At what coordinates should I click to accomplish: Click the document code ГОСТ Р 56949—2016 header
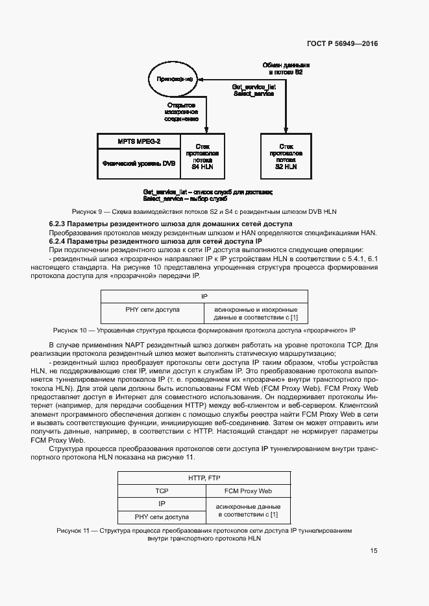coord(341,44)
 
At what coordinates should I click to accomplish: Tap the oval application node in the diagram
coord(171,79)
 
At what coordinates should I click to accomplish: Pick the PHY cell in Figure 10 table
coord(153,310)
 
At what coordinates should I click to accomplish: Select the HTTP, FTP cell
coord(204,478)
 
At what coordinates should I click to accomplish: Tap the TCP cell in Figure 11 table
coord(161,491)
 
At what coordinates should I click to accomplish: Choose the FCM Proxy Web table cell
coord(248,491)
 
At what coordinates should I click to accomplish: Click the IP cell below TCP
coord(161,504)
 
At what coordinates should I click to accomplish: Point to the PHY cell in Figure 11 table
coord(161,517)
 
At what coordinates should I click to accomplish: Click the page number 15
coord(374,551)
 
